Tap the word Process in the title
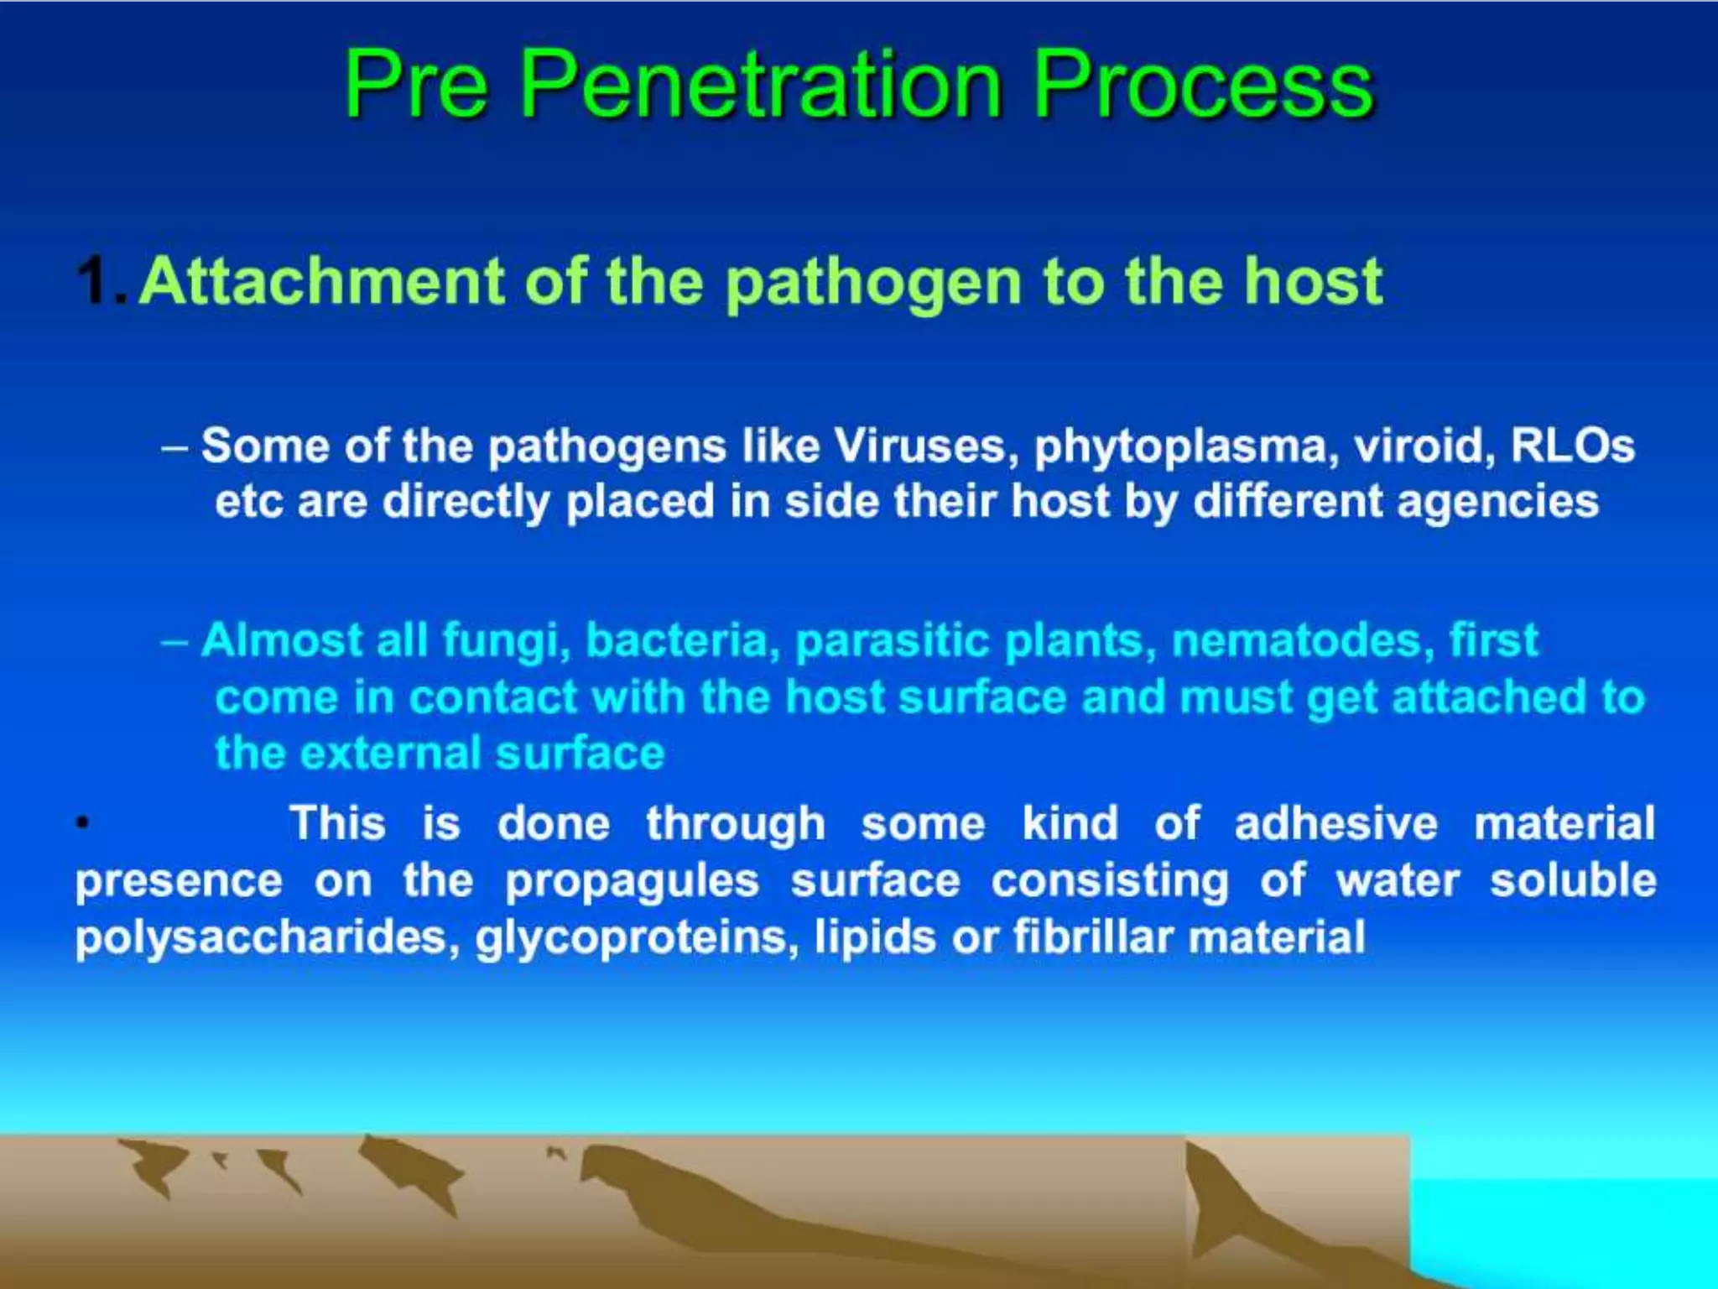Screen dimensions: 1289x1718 1203,84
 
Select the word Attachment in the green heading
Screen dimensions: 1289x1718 322,281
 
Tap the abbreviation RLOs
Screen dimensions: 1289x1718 1572,446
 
